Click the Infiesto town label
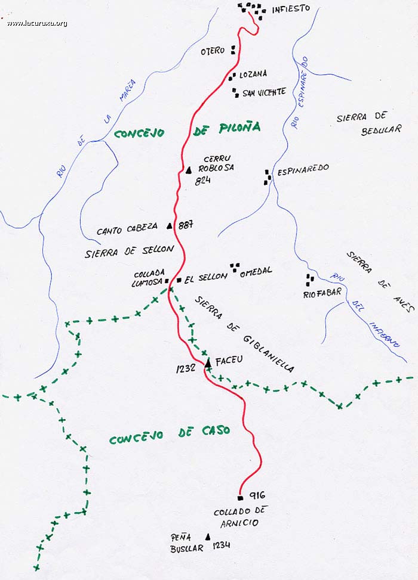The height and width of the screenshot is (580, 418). (x=291, y=9)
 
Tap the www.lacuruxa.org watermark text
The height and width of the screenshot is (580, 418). (x=37, y=23)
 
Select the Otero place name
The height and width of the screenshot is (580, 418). (x=213, y=51)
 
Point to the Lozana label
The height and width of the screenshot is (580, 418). (x=253, y=75)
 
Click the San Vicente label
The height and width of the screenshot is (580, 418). (x=265, y=92)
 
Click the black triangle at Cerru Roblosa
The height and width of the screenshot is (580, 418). (x=188, y=170)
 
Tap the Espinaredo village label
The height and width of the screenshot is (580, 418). (x=302, y=169)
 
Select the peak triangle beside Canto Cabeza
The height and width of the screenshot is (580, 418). (x=170, y=226)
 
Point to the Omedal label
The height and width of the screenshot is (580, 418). (x=256, y=271)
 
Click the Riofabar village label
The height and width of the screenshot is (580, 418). (x=322, y=293)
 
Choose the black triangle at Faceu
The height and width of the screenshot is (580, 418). (x=208, y=362)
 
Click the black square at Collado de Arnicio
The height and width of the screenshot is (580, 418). (x=240, y=497)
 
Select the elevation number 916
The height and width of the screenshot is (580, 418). (x=257, y=495)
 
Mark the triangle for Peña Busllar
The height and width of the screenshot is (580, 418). (x=208, y=536)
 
